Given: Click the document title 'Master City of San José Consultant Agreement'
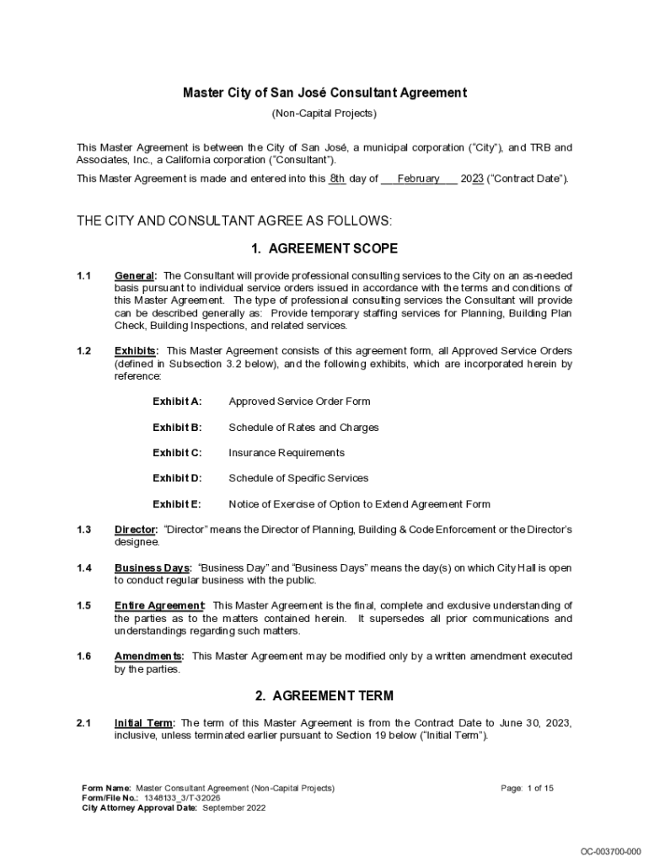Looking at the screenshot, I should click(x=324, y=93).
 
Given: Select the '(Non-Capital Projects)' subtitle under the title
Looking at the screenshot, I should click(x=324, y=113).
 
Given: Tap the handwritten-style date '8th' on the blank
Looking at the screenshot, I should click(x=337, y=178).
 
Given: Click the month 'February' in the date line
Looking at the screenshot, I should click(x=418, y=178).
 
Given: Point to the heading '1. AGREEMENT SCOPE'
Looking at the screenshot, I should click(x=324, y=248).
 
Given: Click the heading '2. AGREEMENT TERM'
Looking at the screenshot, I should click(x=324, y=696).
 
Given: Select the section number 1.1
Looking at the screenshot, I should click(x=83, y=276).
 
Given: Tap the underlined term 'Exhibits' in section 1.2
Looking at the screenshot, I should click(x=135, y=351).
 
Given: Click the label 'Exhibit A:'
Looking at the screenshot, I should click(x=177, y=402).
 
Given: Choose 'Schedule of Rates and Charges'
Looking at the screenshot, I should click(x=303, y=428).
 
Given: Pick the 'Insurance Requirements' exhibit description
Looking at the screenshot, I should click(x=287, y=453).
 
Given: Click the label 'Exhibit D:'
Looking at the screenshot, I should click(x=177, y=478).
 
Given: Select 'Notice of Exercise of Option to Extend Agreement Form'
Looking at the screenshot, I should click(x=359, y=504).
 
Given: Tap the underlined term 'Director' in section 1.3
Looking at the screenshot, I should click(x=135, y=529).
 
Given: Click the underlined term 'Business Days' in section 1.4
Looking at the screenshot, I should click(x=153, y=568).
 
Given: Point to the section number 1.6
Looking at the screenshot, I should click(x=83, y=656).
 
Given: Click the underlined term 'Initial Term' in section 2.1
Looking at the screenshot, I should click(x=144, y=723).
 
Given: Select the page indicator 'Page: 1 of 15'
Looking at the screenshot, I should click(x=527, y=788).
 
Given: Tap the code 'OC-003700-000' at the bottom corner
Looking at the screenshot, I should click(x=610, y=851).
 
